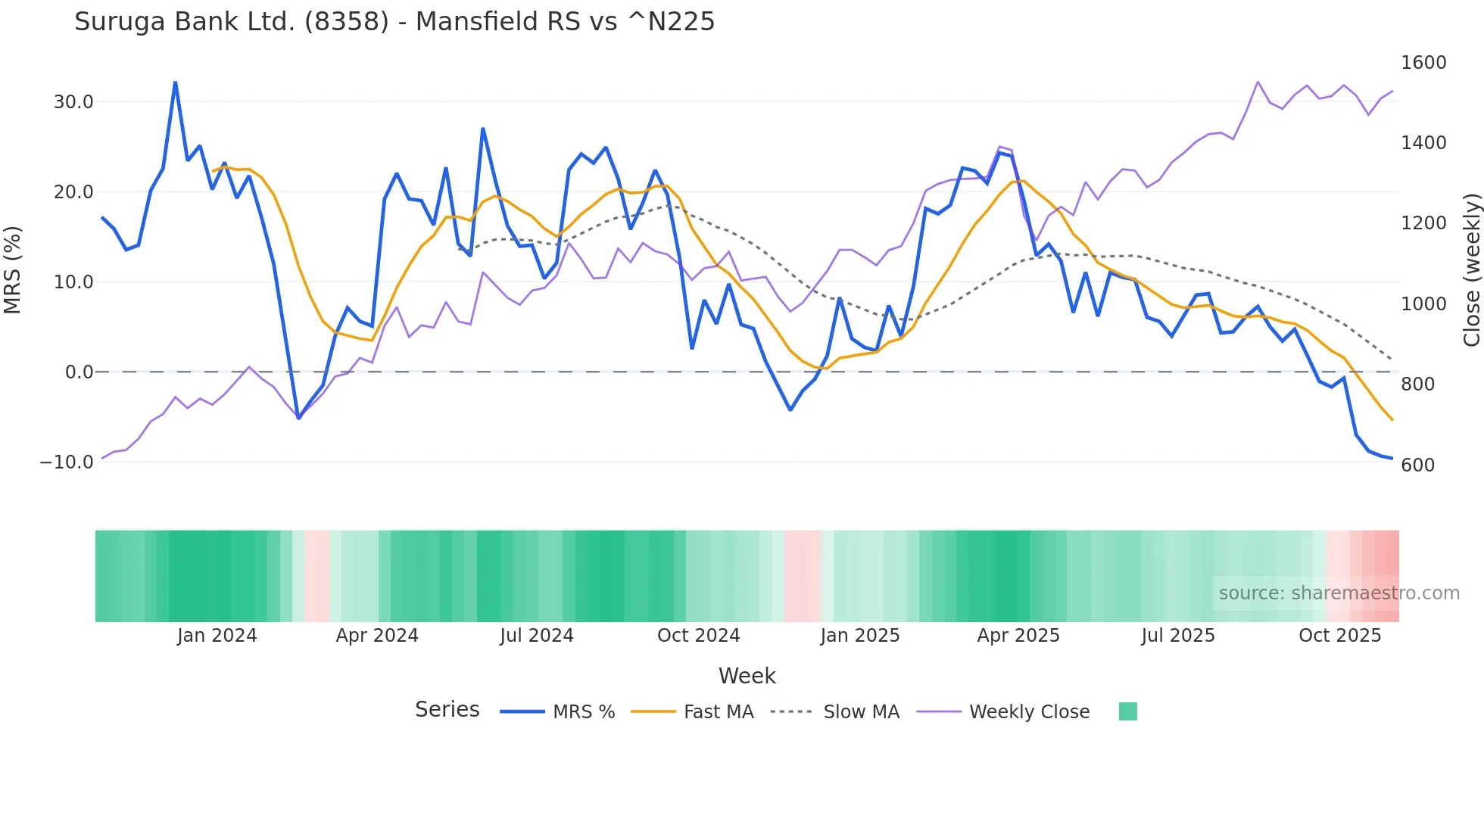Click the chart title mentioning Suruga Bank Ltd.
[x=394, y=21]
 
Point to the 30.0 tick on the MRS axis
[x=73, y=101]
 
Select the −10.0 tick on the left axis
[x=67, y=462]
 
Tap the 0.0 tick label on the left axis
[x=79, y=372]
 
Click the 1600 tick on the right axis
[x=1423, y=62]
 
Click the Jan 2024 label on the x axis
[x=217, y=635]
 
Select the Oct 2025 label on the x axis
[x=1339, y=635]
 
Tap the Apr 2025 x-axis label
[x=1018, y=635]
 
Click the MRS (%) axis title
[x=13, y=269]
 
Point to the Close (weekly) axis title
[x=1471, y=269]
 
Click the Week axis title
[x=747, y=675]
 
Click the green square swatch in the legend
[x=1127, y=711]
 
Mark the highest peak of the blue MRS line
[x=176, y=82]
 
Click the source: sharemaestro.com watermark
[x=1339, y=593]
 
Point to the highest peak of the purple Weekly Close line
[x=1258, y=82]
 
